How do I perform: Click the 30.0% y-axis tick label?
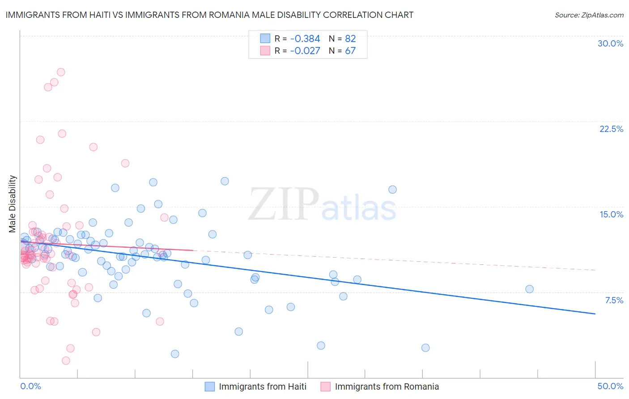pyautogui.click(x=610, y=43)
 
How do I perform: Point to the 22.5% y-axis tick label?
pyautogui.click(x=611, y=129)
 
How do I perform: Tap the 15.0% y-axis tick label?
pyautogui.click(x=611, y=214)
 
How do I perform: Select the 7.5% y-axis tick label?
pyautogui.click(x=614, y=300)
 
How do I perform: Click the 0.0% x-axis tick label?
pyautogui.click(x=30, y=386)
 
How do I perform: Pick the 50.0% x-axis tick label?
pyautogui.click(x=610, y=386)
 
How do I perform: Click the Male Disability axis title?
pyautogui.click(x=13, y=204)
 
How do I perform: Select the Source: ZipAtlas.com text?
pyautogui.click(x=589, y=15)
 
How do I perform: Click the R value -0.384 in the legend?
pyautogui.click(x=305, y=38)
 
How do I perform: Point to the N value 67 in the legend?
pyautogui.click(x=350, y=51)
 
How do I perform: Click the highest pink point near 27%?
pyautogui.click(x=61, y=72)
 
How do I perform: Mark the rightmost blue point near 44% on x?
pyautogui.click(x=529, y=289)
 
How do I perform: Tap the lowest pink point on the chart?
pyautogui.click(x=66, y=361)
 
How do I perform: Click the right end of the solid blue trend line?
pyautogui.click(x=595, y=314)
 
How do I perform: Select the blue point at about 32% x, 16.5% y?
pyautogui.click(x=392, y=189)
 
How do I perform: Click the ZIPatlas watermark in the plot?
pyautogui.click(x=322, y=205)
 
